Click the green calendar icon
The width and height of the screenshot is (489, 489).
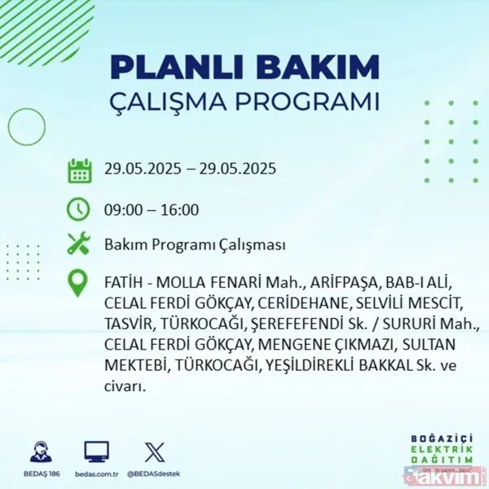79,170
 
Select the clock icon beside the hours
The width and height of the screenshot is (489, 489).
79,209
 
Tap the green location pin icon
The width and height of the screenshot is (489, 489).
79,283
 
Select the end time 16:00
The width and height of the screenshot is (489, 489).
180,209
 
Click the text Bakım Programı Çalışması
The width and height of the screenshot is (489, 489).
195,245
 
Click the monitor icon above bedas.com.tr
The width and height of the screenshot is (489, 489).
96,452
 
